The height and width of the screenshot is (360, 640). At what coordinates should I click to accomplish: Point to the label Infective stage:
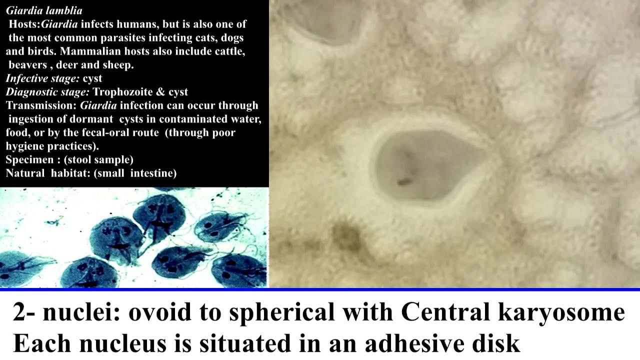42,78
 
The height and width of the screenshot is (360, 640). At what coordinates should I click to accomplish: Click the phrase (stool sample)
98,160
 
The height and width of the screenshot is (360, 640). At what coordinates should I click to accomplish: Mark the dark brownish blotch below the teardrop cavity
346,235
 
